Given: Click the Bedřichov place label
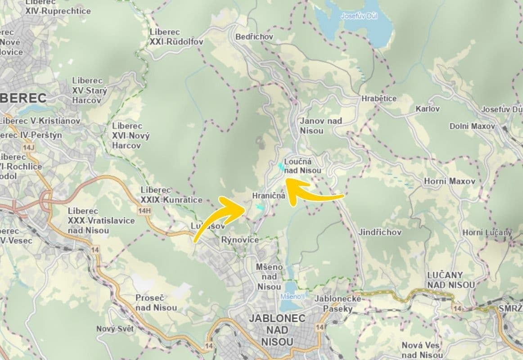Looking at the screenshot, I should [x=254, y=36].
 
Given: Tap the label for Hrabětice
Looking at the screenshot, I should [x=379, y=99].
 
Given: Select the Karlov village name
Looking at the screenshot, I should [x=428, y=109].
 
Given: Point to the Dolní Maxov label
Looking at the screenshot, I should [x=472, y=126].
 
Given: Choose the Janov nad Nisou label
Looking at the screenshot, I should [x=320, y=126].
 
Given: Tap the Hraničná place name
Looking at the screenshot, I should [x=269, y=196].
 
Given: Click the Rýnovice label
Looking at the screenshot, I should [x=240, y=240].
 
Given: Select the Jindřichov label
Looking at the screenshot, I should [x=380, y=232].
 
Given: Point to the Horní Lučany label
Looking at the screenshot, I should [x=487, y=233].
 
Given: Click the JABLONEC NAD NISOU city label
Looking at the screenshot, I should [x=277, y=330].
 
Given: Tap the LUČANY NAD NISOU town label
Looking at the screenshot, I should [x=451, y=279].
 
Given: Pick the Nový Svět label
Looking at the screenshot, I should [x=115, y=328].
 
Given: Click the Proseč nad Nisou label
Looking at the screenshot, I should [x=156, y=303].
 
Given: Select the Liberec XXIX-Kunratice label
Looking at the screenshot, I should [x=171, y=195].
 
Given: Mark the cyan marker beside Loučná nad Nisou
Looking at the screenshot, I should [x=281, y=166].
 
